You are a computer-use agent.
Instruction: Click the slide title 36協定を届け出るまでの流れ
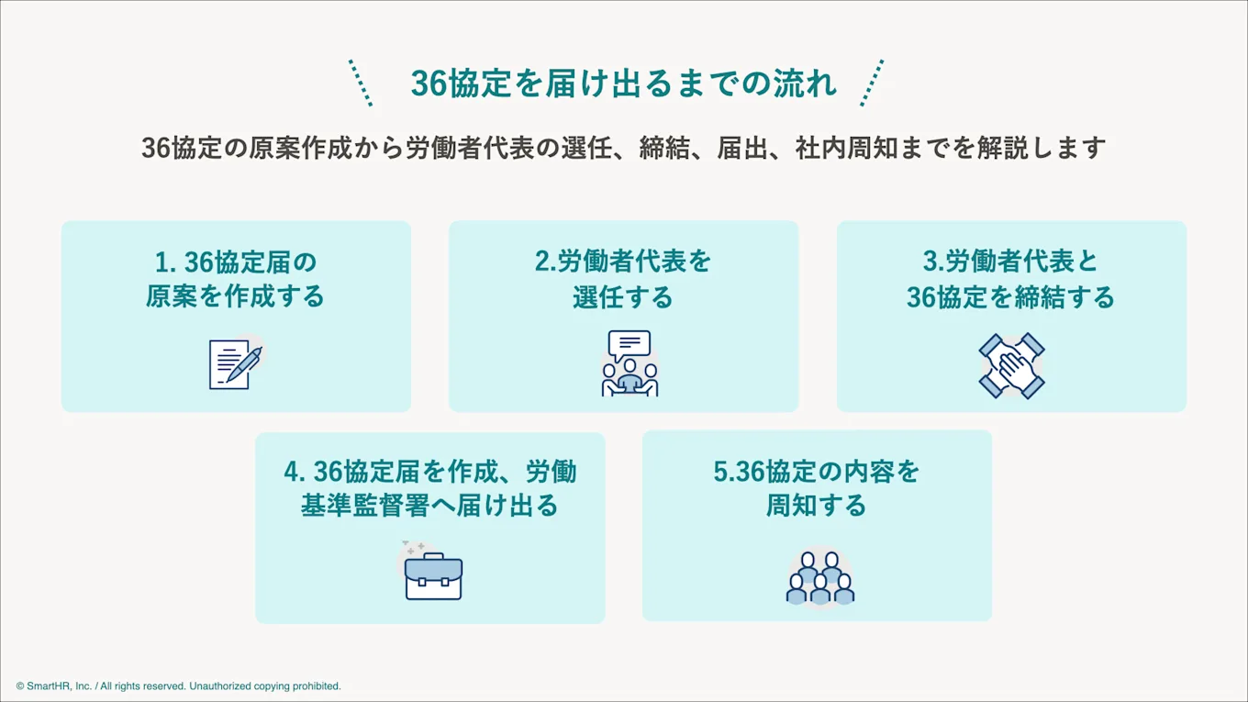click(623, 84)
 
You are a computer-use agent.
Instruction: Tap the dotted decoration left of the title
click(361, 83)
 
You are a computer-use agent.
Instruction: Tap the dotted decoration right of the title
click(872, 83)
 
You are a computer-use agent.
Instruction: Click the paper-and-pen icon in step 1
click(235, 363)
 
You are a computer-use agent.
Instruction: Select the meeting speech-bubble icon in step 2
click(630, 363)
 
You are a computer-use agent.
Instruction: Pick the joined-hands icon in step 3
click(1011, 365)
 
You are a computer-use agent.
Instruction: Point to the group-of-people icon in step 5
click(819, 577)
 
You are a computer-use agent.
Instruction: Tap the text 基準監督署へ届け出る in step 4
click(429, 506)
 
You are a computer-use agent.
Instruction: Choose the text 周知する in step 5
click(816, 506)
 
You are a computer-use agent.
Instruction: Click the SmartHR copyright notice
click(178, 686)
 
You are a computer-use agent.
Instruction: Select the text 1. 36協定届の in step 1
click(236, 263)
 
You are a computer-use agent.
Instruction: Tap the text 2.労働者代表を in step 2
click(623, 262)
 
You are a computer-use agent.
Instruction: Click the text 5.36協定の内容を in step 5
click(816, 472)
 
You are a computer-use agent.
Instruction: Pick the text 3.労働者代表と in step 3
click(1010, 262)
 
